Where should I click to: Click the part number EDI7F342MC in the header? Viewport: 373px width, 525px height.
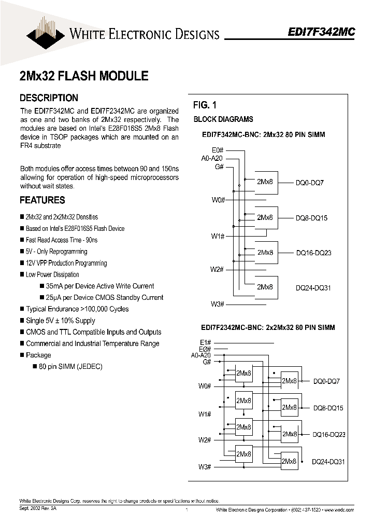point(321,31)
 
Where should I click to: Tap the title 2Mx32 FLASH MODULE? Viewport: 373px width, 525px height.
point(84,76)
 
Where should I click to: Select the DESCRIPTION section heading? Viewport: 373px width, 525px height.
point(49,98)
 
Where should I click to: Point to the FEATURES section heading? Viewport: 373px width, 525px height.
point(42,200)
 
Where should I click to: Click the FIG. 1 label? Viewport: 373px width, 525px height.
point(205,105)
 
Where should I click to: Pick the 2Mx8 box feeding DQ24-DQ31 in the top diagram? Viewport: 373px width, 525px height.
point(265,287)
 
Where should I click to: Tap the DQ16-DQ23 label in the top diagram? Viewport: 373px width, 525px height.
point(313,253)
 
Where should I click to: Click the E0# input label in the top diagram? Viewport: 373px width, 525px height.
point(218,150)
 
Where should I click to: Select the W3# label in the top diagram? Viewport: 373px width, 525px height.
point(217,304)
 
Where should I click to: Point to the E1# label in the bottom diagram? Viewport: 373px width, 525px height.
point(205,342)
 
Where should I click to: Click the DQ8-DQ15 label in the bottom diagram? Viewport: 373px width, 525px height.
point(328,408)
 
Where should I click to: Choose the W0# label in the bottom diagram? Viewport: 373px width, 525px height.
point(204,386)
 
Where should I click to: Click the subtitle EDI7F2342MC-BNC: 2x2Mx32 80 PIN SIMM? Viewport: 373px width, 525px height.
point(268,327)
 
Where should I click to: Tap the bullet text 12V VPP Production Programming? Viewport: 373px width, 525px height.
point(66,263)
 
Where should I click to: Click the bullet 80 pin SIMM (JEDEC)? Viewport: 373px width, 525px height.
point(70,366)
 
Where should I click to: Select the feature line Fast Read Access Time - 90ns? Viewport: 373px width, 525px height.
point(62,240)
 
